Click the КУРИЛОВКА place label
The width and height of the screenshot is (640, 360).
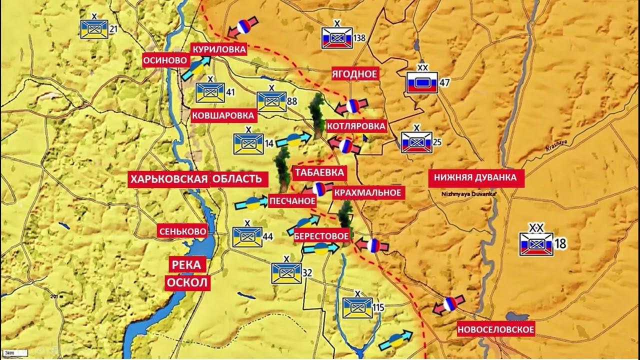219,49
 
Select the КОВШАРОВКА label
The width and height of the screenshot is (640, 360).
224,115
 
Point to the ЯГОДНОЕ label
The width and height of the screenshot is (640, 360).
354,74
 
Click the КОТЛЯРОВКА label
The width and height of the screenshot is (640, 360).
356,126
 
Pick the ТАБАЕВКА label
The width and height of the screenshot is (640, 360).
319,173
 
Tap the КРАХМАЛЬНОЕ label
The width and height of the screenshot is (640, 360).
367,192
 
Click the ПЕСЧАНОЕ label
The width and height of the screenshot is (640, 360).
292,201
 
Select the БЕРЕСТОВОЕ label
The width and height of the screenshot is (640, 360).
321,235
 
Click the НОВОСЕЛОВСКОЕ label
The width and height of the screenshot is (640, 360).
495,329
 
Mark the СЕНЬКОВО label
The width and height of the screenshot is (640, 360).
182,231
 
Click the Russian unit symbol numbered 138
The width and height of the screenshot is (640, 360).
337,38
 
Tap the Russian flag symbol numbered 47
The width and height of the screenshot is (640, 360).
421,82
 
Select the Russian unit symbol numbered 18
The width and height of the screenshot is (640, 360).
536,244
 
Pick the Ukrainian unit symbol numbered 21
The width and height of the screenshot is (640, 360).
94,29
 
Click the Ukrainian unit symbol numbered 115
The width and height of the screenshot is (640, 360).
357,307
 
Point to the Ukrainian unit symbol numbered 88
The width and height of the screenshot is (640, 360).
271,102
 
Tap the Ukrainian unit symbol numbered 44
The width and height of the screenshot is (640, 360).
247,236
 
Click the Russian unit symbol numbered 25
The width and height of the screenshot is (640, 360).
416,142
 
